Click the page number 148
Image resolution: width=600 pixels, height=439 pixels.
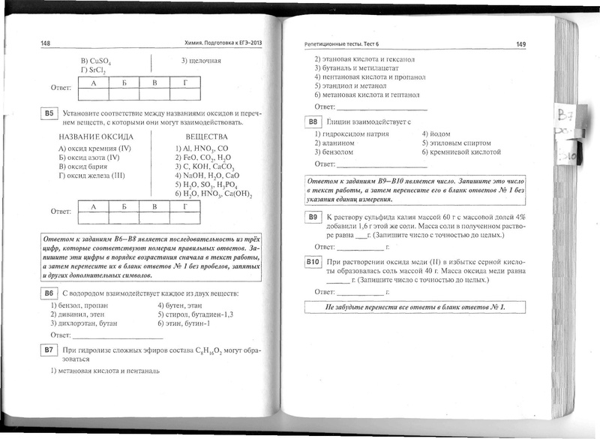tap(46, 44)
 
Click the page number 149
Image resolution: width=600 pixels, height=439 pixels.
tap(520, 44)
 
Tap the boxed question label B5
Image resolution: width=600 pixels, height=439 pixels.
tap(49, 113)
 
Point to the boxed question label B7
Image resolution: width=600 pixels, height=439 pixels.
tap(49, 350)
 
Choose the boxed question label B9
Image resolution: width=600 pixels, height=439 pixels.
tap(313, 217)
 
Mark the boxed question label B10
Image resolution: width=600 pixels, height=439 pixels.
tap(313, 261)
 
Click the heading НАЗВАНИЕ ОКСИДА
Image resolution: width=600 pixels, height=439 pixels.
tap(96, 137)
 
